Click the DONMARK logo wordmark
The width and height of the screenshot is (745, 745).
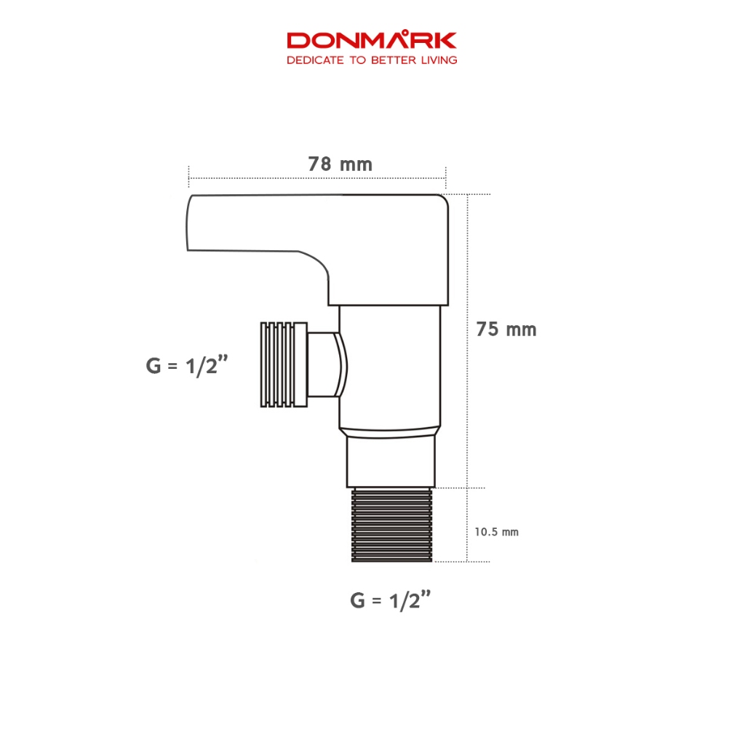pyautogui.click(x=372, y=40)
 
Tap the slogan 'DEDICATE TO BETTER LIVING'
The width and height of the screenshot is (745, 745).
pyautogui.click(x=372, y=60)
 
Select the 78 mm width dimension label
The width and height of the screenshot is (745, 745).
pyautogui.click(x=340, y=164)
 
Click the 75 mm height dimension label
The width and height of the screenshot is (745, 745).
pyautogui.click(x=506, y=330)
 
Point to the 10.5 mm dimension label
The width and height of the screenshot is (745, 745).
pyautogui.click(x=496, y=532)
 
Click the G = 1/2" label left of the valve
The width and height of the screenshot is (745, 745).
pyautogui.click(x=187, y=365)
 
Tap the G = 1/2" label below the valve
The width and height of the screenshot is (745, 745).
pyautogui.click(x=391, y=600)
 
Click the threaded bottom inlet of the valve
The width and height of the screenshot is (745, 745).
pyautogui.click(x=392, y=525)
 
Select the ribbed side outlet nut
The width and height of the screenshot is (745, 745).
pyautogui.click(x=284, y=364)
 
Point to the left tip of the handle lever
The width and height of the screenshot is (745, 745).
pyautogui.click(x=187, y=223)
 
